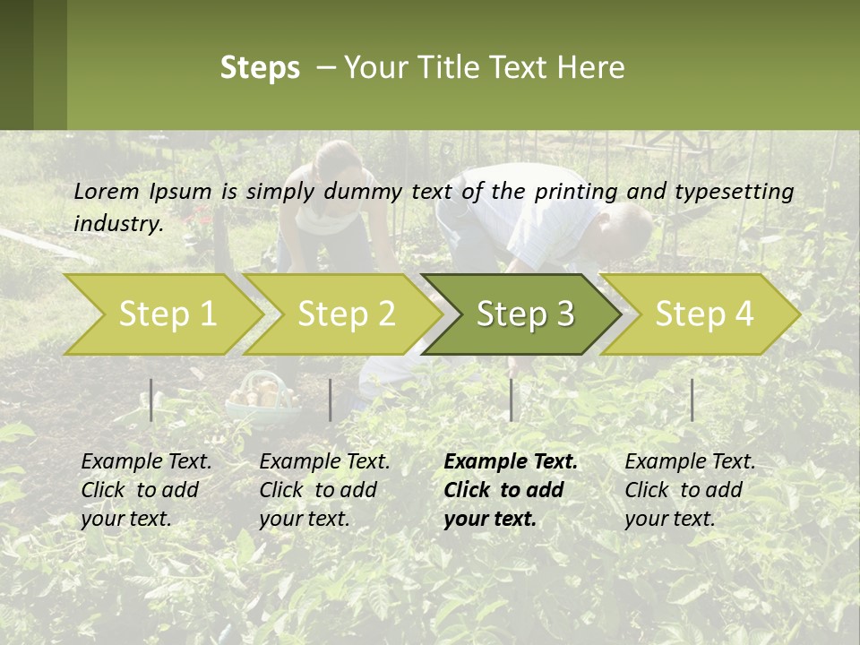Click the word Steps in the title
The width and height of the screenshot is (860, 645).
[260, 68]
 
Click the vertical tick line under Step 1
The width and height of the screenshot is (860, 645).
[151, 400]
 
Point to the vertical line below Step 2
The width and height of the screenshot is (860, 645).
[331, 400]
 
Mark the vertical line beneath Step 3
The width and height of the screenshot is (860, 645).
[511, 400]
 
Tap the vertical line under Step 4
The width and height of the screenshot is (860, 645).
[692, 400]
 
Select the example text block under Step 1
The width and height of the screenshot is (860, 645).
[146, 490]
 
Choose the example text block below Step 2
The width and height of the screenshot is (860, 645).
[324, 490]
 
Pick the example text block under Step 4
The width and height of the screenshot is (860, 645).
[690, 490]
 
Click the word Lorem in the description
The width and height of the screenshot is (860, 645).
[107, 191]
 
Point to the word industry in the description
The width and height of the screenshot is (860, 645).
[117, 224]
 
